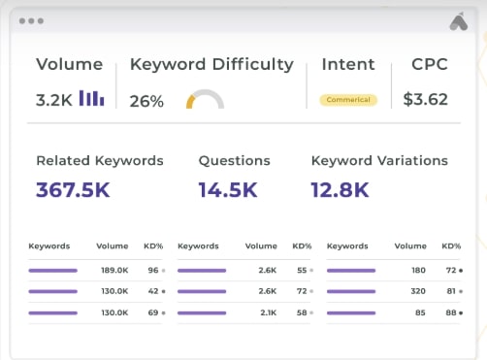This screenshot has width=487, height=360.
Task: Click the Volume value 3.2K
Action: click(53, 99)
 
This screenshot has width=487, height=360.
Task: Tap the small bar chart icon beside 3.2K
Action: click(92, 98)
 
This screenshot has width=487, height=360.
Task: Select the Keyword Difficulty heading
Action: click(211, 65)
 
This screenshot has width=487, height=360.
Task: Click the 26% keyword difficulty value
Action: click(146, 101)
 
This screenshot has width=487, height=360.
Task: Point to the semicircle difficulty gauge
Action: click(205, 100)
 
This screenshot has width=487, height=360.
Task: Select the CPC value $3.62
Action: click(426, 99)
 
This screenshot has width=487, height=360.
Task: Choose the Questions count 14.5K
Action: click(227, 189)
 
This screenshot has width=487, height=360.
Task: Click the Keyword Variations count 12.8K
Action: click(341, 189)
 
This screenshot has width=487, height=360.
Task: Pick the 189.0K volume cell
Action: click(115, 271)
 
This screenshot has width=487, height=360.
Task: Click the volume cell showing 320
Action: click(419, 291)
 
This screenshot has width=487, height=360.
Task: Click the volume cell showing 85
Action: click(421, 311)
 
